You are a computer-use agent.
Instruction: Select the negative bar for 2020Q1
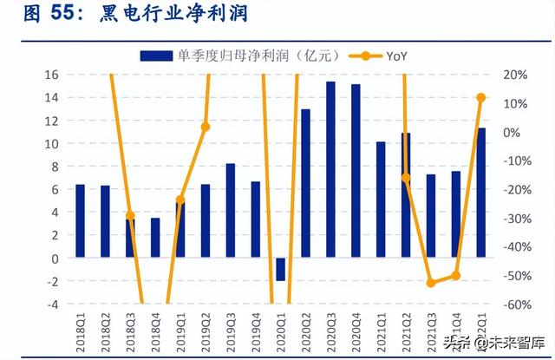pos(280,269)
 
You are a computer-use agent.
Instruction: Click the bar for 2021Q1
pos(381,200)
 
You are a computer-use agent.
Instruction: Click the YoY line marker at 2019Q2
pos(206,127)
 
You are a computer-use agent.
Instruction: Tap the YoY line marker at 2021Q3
pos(431,283)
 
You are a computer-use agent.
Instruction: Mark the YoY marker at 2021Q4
pos(455,276)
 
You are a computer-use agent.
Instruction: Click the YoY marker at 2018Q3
pos(130,216)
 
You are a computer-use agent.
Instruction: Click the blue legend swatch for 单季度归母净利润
pos(155,56)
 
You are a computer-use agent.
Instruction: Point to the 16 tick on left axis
pos(51,75)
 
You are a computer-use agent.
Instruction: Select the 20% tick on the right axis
pos(512,75)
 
